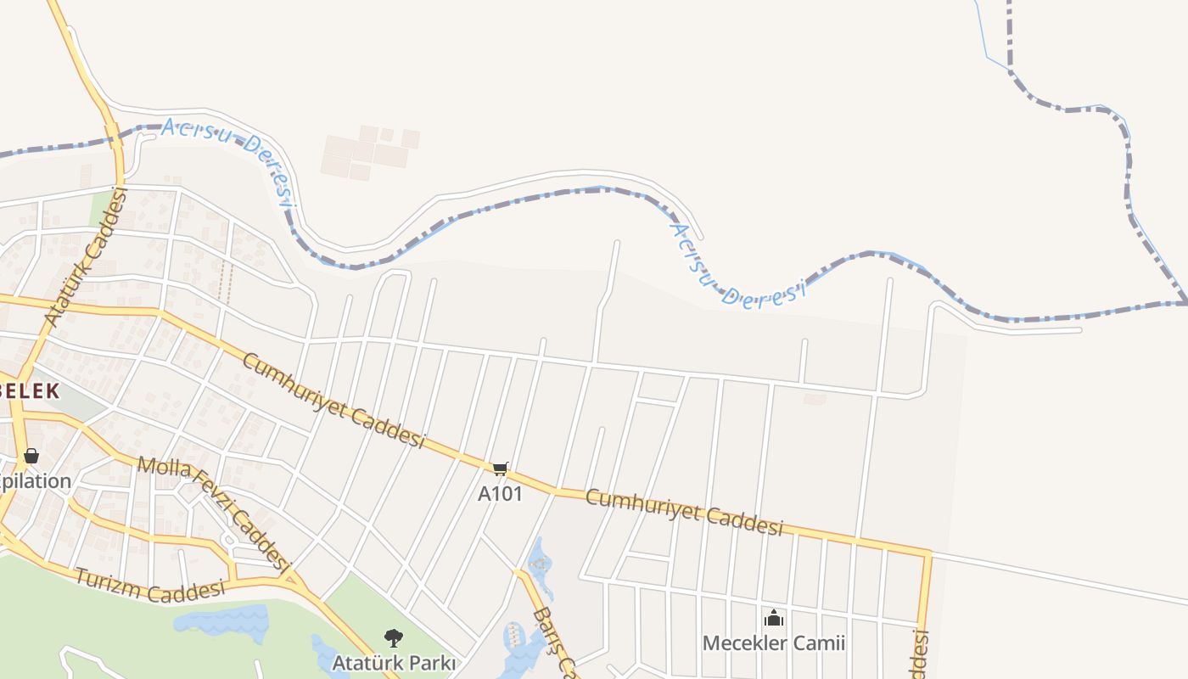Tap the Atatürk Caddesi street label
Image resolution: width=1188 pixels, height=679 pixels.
(x=86, y=258)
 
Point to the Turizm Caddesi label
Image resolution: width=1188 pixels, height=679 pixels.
(x=150, y=586)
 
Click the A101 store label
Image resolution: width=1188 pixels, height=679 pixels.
(x=500, y=493)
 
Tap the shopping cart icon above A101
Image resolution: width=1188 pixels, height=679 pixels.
(x=501, y=469)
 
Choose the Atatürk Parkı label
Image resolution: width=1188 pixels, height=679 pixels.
(x=394, y=662)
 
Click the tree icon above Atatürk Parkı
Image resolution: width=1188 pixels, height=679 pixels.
(x=393, y=637)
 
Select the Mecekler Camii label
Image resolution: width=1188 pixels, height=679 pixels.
(x=773, y=643)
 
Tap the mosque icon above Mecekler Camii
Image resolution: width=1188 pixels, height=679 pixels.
(x=773, y=618)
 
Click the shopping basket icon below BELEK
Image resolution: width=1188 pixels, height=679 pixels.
(x=31, y=456)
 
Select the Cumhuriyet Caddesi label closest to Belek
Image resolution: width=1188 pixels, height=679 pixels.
(x=333, y=400)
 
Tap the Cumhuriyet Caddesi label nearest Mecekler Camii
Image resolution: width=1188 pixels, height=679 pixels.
(x=683, y=512)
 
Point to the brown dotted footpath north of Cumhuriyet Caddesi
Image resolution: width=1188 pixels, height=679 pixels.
(x=225, y=282)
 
